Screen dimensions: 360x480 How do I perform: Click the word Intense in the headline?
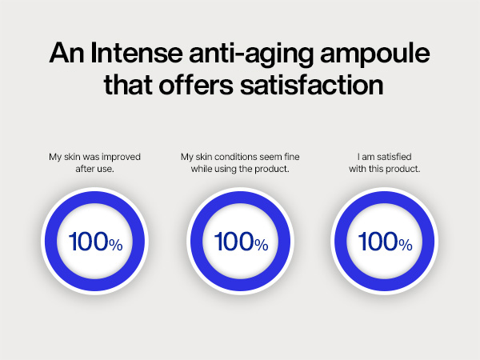(x=126, y=55)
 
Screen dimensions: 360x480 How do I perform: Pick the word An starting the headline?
(x=64, y=55)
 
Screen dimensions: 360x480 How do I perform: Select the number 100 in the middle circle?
(x=232, y=241)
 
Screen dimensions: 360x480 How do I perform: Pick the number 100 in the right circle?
(x=377, y=241)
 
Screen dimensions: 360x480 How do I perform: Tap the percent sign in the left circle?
(x=116, y=244)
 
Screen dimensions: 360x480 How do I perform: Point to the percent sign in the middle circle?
(x=262, y=244)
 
